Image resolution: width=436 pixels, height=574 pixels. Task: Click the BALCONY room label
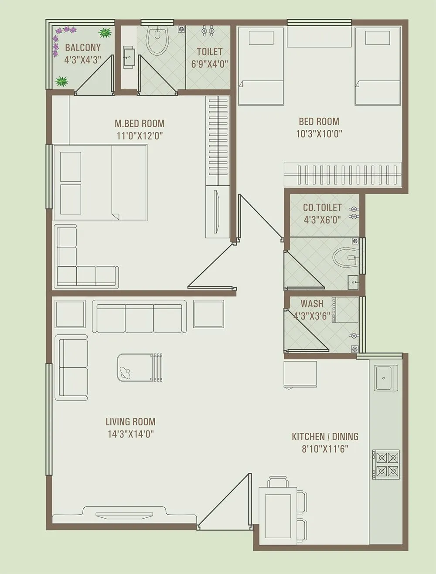click(83, 48)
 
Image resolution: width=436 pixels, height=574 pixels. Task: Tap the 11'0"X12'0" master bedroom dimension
click(140, 136)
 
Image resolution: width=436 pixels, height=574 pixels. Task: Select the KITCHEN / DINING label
click(325, 436)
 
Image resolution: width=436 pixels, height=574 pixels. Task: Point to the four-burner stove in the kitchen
click(387, 464)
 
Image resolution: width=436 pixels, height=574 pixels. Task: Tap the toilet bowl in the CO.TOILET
click(346, 257)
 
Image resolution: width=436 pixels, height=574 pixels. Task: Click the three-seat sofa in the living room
click(139, 318)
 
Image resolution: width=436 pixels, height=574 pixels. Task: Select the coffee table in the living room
click(140, 367)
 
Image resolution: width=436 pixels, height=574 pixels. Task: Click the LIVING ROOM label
click(130, 421)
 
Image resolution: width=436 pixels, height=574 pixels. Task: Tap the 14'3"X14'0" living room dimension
click(130, 434)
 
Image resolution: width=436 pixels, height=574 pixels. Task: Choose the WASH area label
click(312, 303)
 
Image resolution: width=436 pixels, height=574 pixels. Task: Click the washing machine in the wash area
click(345, 310)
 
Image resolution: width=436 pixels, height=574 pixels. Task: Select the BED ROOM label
click(319, 122)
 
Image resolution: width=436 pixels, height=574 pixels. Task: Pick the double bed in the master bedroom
click(100, 183)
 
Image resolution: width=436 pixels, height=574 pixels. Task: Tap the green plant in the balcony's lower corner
click(62, 81)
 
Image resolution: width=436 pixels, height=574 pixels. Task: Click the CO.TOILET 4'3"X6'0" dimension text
click(322, 220)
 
